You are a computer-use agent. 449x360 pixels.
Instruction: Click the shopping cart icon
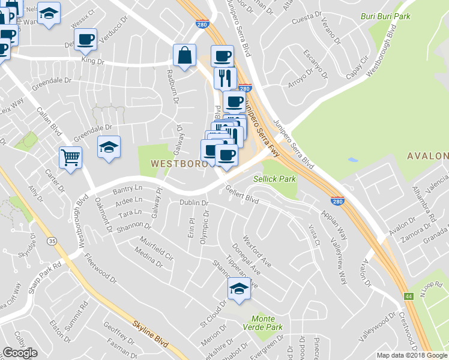click(x=71, y=158)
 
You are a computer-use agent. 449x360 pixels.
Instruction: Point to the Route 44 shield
click(x=408, y=296)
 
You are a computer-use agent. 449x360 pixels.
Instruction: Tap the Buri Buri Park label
click(x=385, y=16)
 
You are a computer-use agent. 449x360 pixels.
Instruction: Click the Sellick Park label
click(x=274, y=179)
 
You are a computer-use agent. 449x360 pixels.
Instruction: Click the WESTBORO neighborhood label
click(x=175, y=163)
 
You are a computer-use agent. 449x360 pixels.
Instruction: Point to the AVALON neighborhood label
click(x=427, y=156)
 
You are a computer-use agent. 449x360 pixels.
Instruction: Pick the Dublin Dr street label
click(x=193, y=203)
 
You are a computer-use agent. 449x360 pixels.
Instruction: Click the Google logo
click(x=20, y=353)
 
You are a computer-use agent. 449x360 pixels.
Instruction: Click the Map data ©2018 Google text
click(x=412, y=355)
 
